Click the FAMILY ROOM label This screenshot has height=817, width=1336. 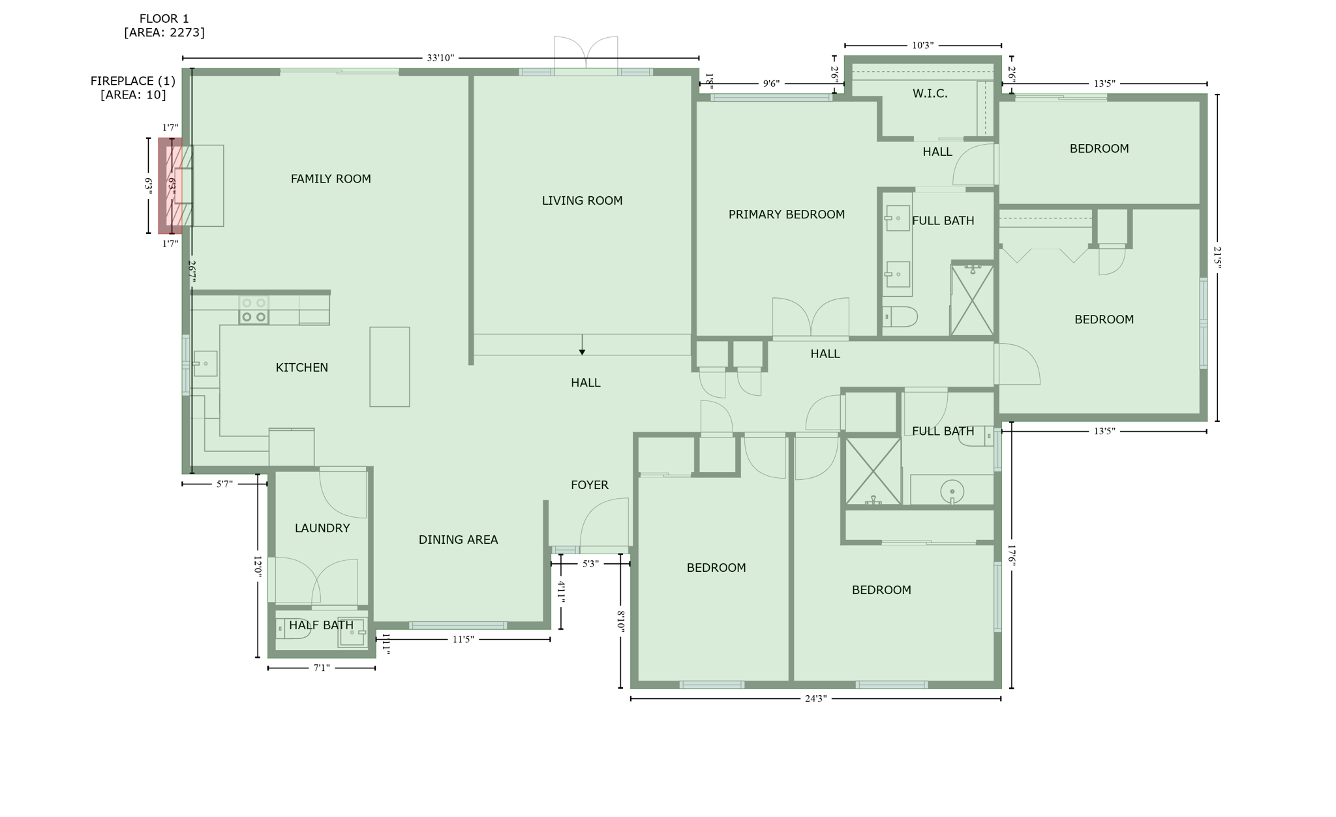pyautogui.click(x=331, y=179)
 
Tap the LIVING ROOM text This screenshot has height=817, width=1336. pyautogui.click(x=582, y=201)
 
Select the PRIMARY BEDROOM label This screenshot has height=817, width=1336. pyautogui.click(x=786, y=215)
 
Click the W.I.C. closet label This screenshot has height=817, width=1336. pyautogui.click(x=930, y=94)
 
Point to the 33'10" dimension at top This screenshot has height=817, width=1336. pyautogui.click(x=440, y=58)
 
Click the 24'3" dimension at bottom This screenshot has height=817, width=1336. pyautogui.click(x=815, y=699)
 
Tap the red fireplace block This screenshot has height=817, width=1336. pyautogui.click(x=170, y=186)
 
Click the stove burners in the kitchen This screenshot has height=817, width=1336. pyautogui.click(x=254, y=310)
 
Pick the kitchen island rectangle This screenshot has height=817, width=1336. pyautogui.click(x=389, y=367)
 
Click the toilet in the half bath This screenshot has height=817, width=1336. pyautogui.click(x=292, y=629)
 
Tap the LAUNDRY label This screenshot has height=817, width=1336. pyautogui.click(x=322, y=528)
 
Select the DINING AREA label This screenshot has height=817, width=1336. pyautogui.click(x=458, y=540)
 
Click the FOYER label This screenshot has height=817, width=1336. pyautogui.click(x=590, y=485)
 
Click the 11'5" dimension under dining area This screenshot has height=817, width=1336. pyautogui.click(x=463, y=640)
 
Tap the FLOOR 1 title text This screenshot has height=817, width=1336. pyautogui.click(x=164, y=19)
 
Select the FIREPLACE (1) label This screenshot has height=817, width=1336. pyautogui.click(x=133, y=81)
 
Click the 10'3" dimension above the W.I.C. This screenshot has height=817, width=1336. pyautogui.click(x=922, y=46)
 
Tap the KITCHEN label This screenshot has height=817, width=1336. pyautogui.click(x=301, y=368)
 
